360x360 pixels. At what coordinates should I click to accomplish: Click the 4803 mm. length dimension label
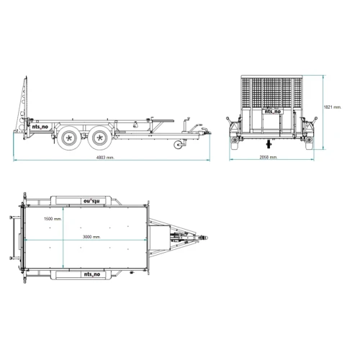pos(105,158)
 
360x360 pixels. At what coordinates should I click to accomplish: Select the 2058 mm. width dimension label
pos(269,157)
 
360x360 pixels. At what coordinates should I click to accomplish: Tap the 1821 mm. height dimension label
pos(333,107)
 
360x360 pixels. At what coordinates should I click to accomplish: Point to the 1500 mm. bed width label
pos(53,219)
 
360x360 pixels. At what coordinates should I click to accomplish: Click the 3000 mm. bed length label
pos(91,237)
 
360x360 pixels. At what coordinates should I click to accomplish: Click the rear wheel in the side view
pos(69,138)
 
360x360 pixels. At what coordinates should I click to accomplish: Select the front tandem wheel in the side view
pos(99,138)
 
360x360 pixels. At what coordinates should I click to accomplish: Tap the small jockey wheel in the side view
pos(178,145)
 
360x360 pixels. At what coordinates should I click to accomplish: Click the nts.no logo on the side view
pos(40,127)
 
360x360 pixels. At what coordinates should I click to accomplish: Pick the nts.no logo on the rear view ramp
pos(272,112)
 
